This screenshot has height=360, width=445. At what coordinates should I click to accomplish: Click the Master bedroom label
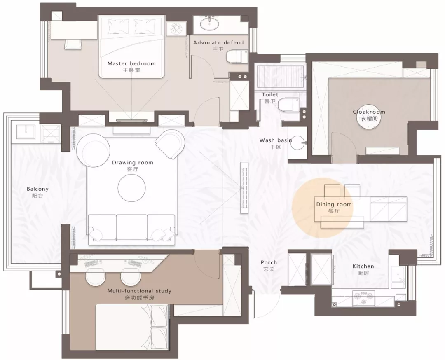(x=131, y=63)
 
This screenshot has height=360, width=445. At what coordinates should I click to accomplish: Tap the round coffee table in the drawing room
(x=132, y=188)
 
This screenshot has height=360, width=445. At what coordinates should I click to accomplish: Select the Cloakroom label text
(x=369, y=112)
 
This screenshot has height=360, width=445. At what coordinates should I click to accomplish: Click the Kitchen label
(x=363, y=266)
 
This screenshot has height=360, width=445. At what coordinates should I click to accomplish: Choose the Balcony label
(x=37, y=189)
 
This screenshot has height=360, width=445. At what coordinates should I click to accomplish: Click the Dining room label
(x=334, y=205)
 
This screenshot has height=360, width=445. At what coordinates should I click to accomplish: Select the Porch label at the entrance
(x=269, y=263)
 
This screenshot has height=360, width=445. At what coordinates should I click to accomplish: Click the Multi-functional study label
(x=139, y=291)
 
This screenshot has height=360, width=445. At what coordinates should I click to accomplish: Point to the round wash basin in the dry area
(x=298, y=143)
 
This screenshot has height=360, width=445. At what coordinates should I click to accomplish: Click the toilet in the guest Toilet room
(x=288, y=105)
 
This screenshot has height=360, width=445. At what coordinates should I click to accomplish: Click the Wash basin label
(x=276, y=140)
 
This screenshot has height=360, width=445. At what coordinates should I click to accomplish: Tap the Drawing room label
(x=133, y=163)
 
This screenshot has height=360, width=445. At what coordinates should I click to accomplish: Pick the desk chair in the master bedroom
(x=73, y=44)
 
